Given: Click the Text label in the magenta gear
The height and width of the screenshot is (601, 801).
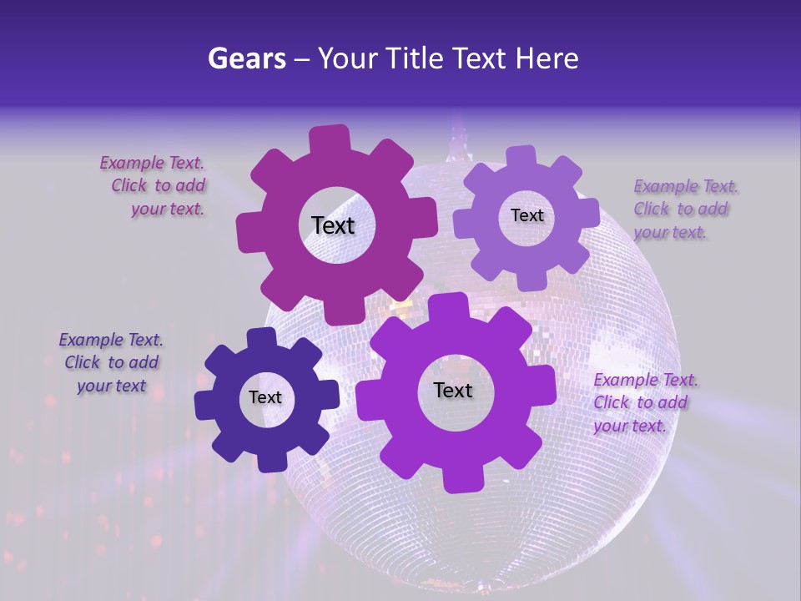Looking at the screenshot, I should [333, 225].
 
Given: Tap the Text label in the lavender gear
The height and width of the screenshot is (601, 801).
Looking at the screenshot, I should [526, 215].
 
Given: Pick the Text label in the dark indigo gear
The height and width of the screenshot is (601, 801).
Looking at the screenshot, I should [265, 397].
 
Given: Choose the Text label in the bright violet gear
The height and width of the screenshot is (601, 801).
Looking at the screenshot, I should [453, 390].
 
